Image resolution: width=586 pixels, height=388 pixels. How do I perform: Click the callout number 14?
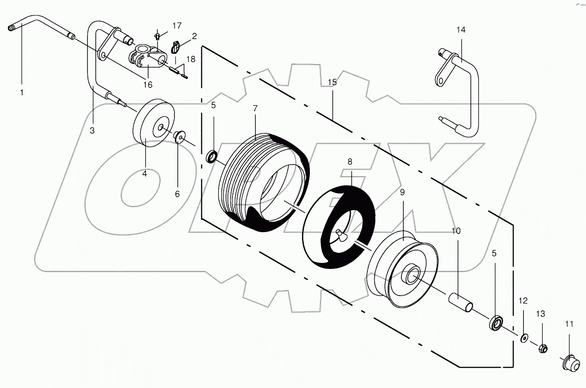(461, 30)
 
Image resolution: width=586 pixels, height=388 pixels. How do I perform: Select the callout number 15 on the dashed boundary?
(332, 82)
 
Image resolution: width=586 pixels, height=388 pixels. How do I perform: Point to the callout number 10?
(456, 230)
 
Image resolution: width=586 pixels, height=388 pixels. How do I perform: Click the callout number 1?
(21, 93)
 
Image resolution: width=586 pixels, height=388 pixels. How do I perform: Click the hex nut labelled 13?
(543, 348)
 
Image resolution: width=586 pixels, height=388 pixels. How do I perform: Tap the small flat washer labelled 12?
(523, 338)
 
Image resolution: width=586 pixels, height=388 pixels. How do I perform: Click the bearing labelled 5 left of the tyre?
(212, 157)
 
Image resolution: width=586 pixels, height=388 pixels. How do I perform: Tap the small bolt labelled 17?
(157, 36)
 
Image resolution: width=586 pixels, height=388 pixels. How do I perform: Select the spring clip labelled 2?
(175, 47)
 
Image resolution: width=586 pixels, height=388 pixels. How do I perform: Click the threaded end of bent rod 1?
(12, 29)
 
